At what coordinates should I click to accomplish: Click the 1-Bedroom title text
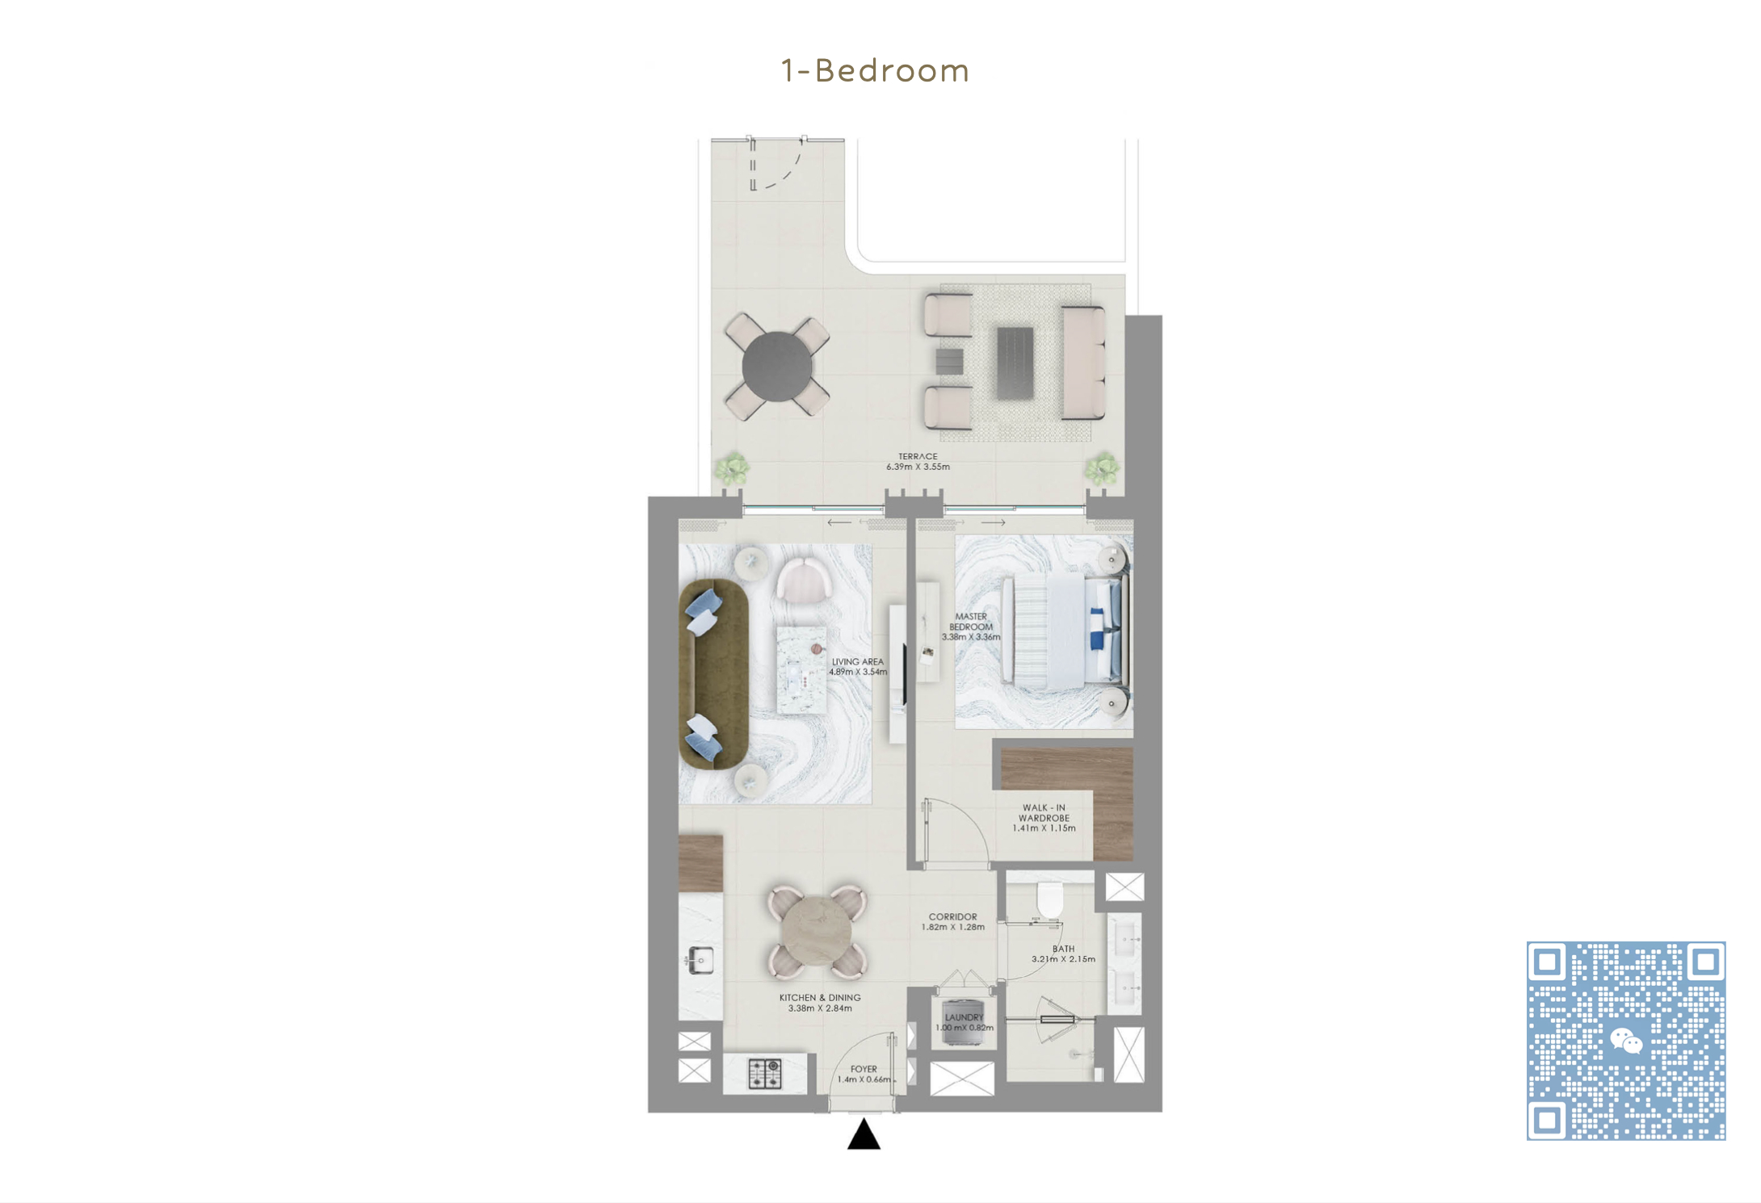coord(875,71)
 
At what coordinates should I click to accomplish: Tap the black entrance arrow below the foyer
coord(864,1134)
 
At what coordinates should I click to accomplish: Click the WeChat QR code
coord(1626,1041)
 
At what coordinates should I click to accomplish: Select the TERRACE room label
coord(918,456)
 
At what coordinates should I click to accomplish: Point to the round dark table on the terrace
coord(777,367)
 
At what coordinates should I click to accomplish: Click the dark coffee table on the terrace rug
coord(1015,363)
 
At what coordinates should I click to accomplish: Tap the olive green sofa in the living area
coord(714,673)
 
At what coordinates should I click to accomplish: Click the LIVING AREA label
coord(858,661)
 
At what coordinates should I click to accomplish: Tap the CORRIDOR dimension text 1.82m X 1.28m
coord(953,927)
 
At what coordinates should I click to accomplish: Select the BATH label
coord(1063,949)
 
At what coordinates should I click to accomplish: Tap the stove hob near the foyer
coord(764,1074)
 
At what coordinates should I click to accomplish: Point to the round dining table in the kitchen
coord(817,932)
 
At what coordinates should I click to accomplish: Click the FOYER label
coord(864,1069)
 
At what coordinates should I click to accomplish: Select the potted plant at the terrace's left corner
coord(732,469)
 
